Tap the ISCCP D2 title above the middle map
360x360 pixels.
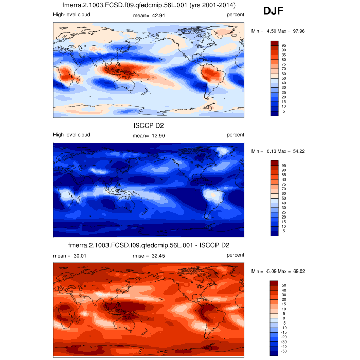click(x=148, y=124)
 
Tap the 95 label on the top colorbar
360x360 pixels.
click(x=283, y=45)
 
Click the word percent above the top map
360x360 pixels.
click(x=235, y=15)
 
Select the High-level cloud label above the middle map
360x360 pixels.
click(x=71, y=135)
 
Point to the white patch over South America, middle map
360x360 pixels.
click(x=212, y=195)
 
